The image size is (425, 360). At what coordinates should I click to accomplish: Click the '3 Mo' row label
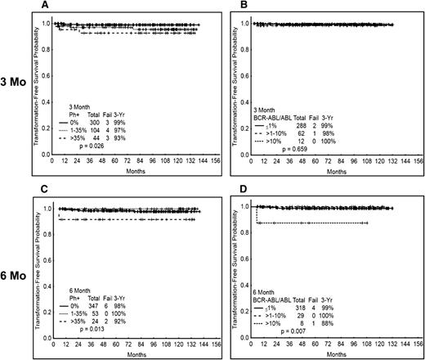(x=13, y=84)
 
